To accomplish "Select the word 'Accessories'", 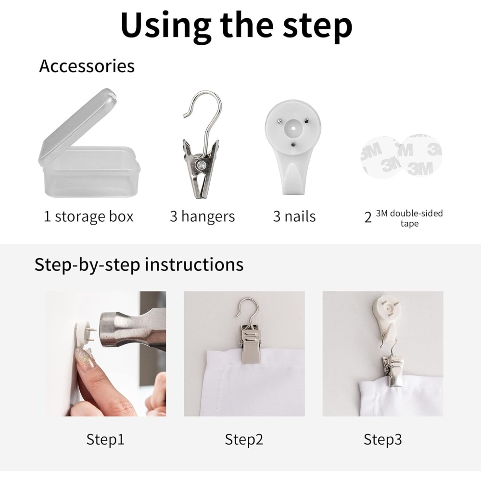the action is click(87, 66).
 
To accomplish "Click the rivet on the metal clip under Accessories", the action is click(202, 165).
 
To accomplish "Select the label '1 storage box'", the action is click(89, 216).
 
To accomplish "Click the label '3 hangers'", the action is click(202, 216).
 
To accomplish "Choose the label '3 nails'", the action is click(294, 216).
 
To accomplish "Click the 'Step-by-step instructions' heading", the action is click(139, 265).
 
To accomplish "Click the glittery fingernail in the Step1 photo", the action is click(86, 362).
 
